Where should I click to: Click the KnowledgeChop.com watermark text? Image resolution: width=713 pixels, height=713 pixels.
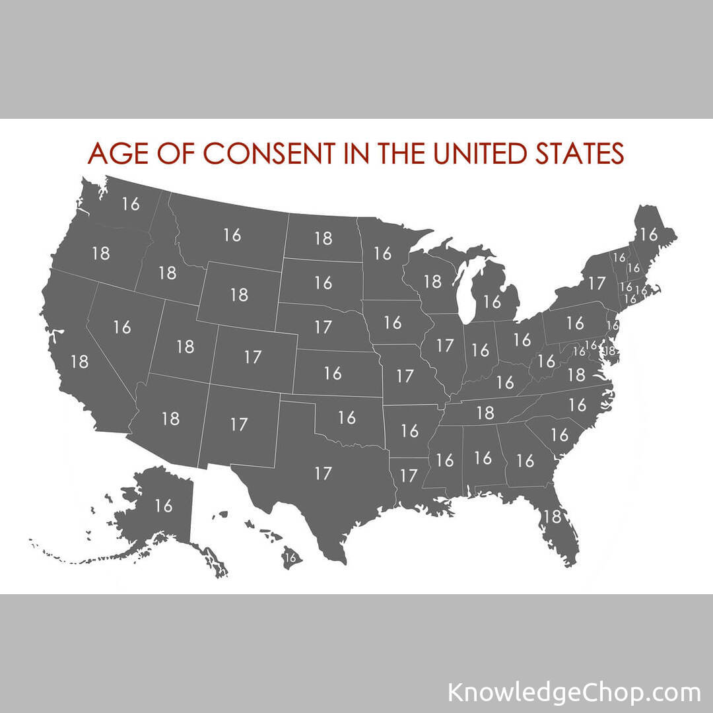[x=574, y=693]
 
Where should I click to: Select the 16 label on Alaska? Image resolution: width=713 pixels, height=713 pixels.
[x=163, y=506]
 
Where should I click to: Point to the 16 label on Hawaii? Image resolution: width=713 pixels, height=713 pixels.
[x=290, y=557]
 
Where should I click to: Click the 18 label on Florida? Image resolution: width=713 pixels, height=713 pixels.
[x=551, y=516]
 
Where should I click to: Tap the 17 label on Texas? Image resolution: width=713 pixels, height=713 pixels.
[x=323, y=473]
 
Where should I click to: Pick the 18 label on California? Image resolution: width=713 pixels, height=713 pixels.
[x=79, y=361]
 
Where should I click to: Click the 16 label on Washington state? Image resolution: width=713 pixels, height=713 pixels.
[x=131, y=203]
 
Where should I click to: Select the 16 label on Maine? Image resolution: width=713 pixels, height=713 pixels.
[x=649, y=234]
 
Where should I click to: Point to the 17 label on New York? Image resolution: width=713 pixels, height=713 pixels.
[x=596, y=283]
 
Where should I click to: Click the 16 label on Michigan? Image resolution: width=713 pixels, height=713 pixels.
[x=492, y=302]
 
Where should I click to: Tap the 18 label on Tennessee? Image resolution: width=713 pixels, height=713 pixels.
[x=485, y=413]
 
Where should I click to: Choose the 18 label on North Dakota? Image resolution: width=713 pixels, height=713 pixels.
[x=323, y=238]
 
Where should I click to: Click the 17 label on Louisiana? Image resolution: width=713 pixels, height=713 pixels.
[x=409, y=475]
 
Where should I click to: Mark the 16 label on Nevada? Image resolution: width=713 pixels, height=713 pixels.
[x=122, y=327]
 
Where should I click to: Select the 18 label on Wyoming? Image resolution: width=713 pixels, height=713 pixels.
[x=239, y=294]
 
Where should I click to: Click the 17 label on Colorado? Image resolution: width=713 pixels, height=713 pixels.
[x=253, y=357]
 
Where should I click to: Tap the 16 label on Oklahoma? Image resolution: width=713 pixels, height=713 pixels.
[x=347, y=417]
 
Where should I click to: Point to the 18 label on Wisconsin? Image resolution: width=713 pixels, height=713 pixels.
[x=432, y=281]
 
